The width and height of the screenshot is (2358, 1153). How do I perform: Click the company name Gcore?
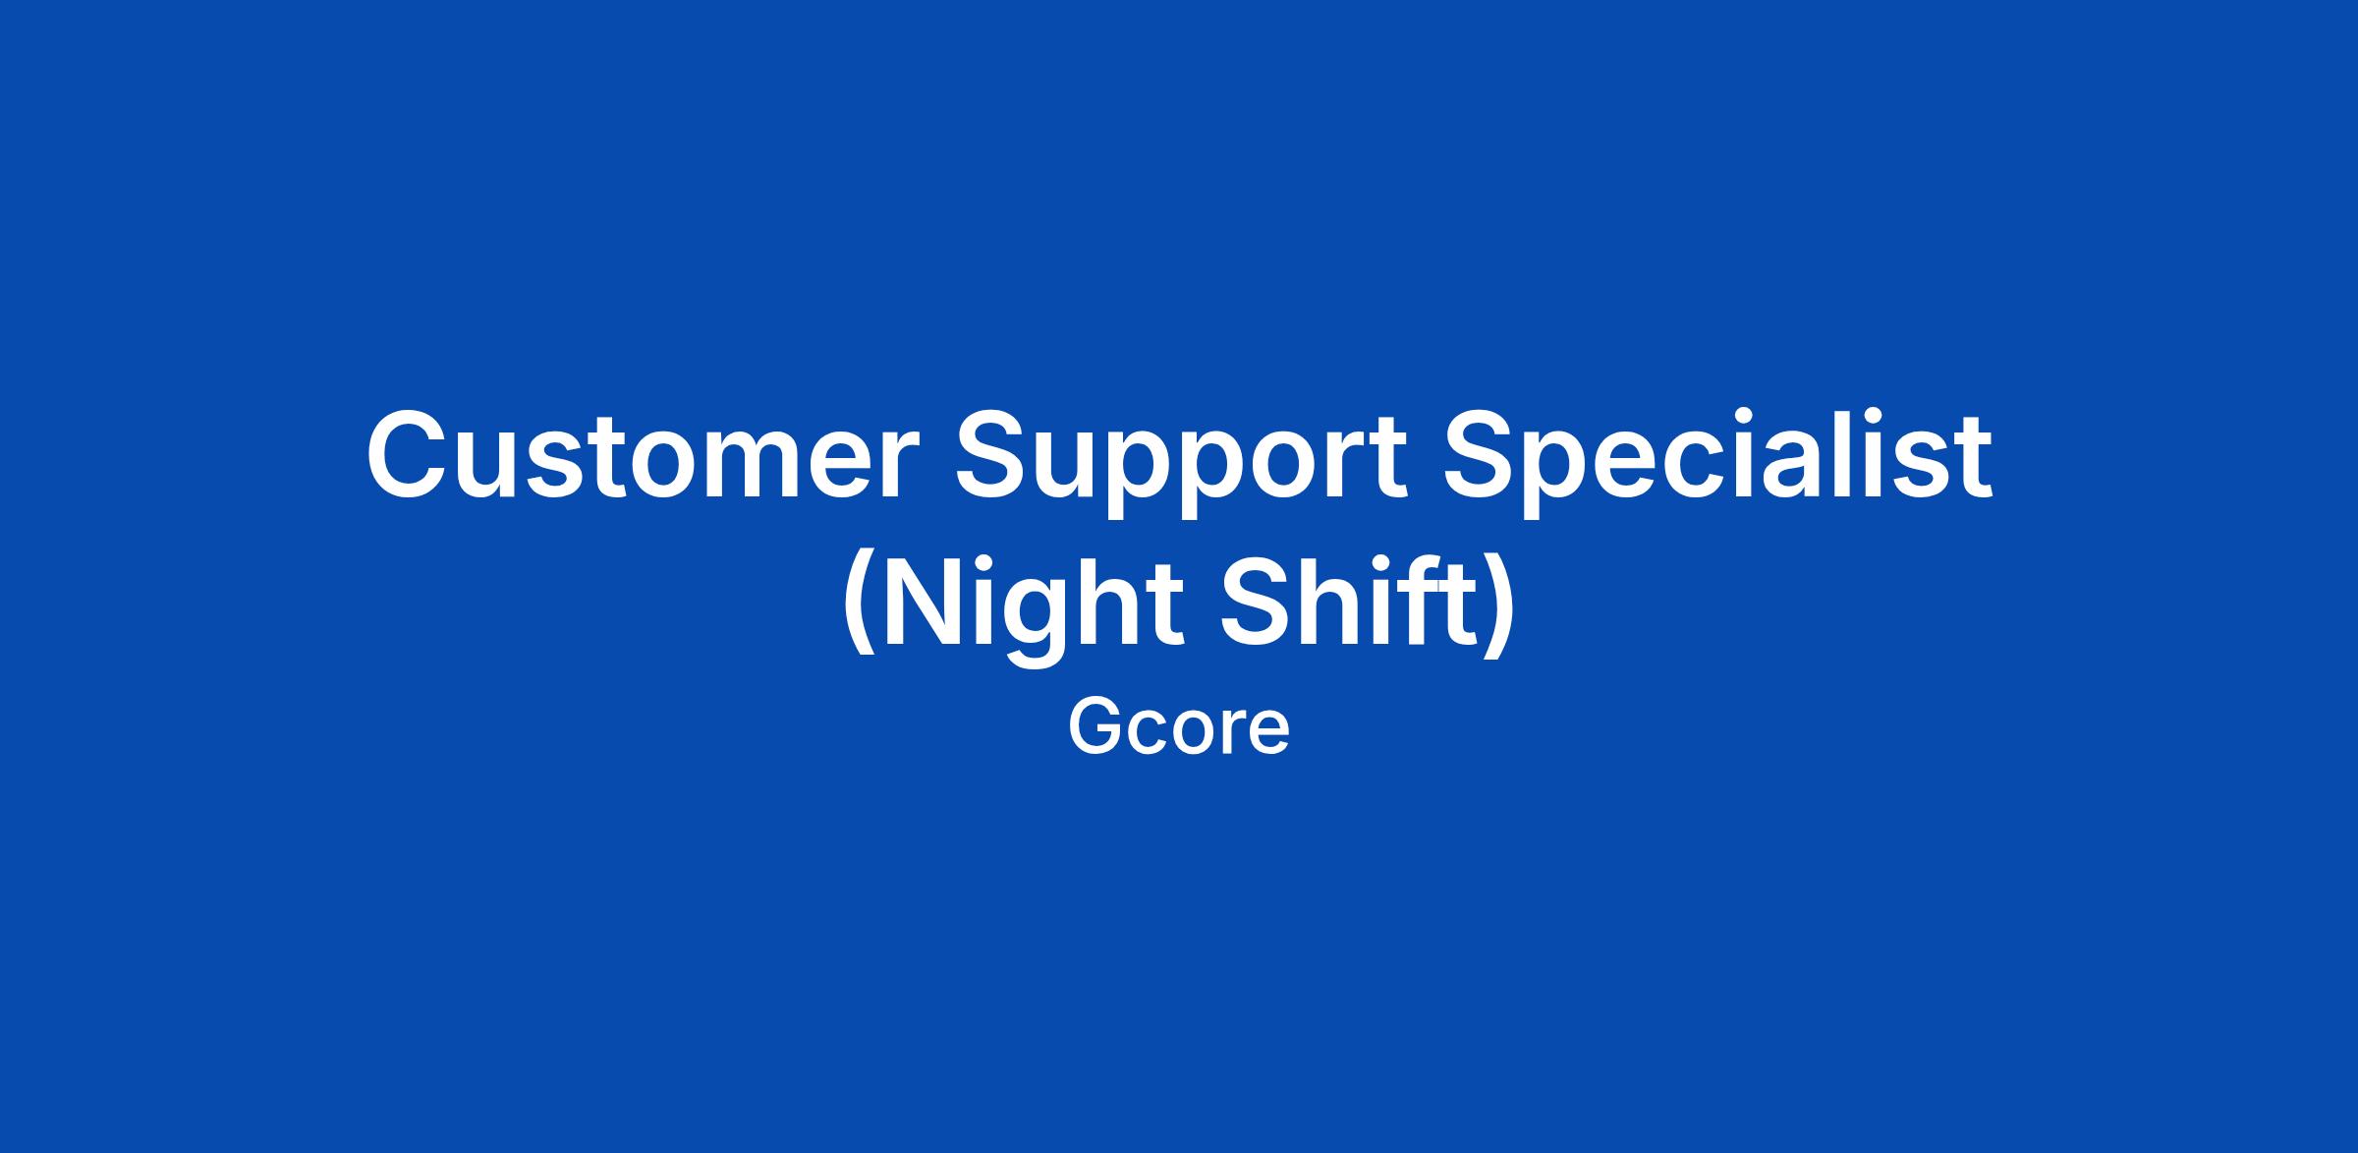(x=1179, y=728)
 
